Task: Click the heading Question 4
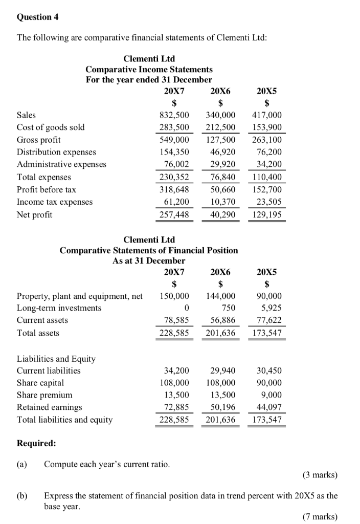[x=38, y=17]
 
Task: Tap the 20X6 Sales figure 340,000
[x=220, y=116]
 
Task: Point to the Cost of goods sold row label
[x=51, y=127]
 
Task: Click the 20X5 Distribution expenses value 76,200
[x=269, y=152]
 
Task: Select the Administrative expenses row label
[x=61, y=164]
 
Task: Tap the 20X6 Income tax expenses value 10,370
[x=222, y=202]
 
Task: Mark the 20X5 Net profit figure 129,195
[x=266, y=215]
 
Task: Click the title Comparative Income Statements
[x=149, y=69]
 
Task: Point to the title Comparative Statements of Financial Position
[x=149, y=250]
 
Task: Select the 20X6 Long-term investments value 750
[x=228, y=308]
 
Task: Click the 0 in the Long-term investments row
[x=186, y=308]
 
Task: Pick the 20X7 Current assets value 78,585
[x=176, y=320]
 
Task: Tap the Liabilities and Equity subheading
[x=56, y=359]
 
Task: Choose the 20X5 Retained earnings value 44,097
[x=269, y=407]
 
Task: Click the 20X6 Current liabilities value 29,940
[x=222, y=370]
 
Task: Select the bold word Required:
[x=36, y=443]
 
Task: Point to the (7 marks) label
[x=320, y=516]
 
